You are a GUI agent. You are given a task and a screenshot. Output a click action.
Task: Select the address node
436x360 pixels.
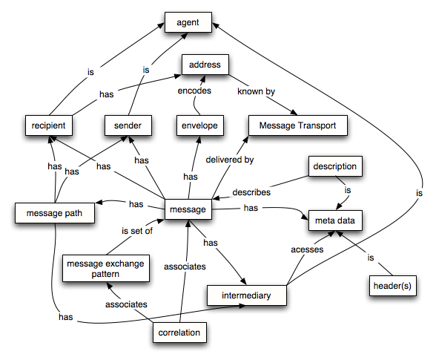pos(205,65)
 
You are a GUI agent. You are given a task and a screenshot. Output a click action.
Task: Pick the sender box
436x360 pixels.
pos(128,125)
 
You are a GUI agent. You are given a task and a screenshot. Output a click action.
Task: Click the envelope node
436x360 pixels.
pos(199,125)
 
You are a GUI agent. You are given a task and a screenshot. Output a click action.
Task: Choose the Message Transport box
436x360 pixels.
pos(297,125)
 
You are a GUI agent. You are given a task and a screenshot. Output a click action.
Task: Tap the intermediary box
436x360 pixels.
pos(245,295)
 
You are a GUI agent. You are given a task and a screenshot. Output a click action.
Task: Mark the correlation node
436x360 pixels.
pos(179,333)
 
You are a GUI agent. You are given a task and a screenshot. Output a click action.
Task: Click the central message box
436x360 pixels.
pos(188,210)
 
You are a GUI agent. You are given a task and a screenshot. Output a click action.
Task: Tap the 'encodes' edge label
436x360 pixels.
pos(195,92)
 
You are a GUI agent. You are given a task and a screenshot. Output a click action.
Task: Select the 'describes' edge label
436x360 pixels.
pos(252,192)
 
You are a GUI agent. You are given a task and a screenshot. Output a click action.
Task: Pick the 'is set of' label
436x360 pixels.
pos(136,230)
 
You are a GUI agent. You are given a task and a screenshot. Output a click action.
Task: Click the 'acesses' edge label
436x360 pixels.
pos(305,250)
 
